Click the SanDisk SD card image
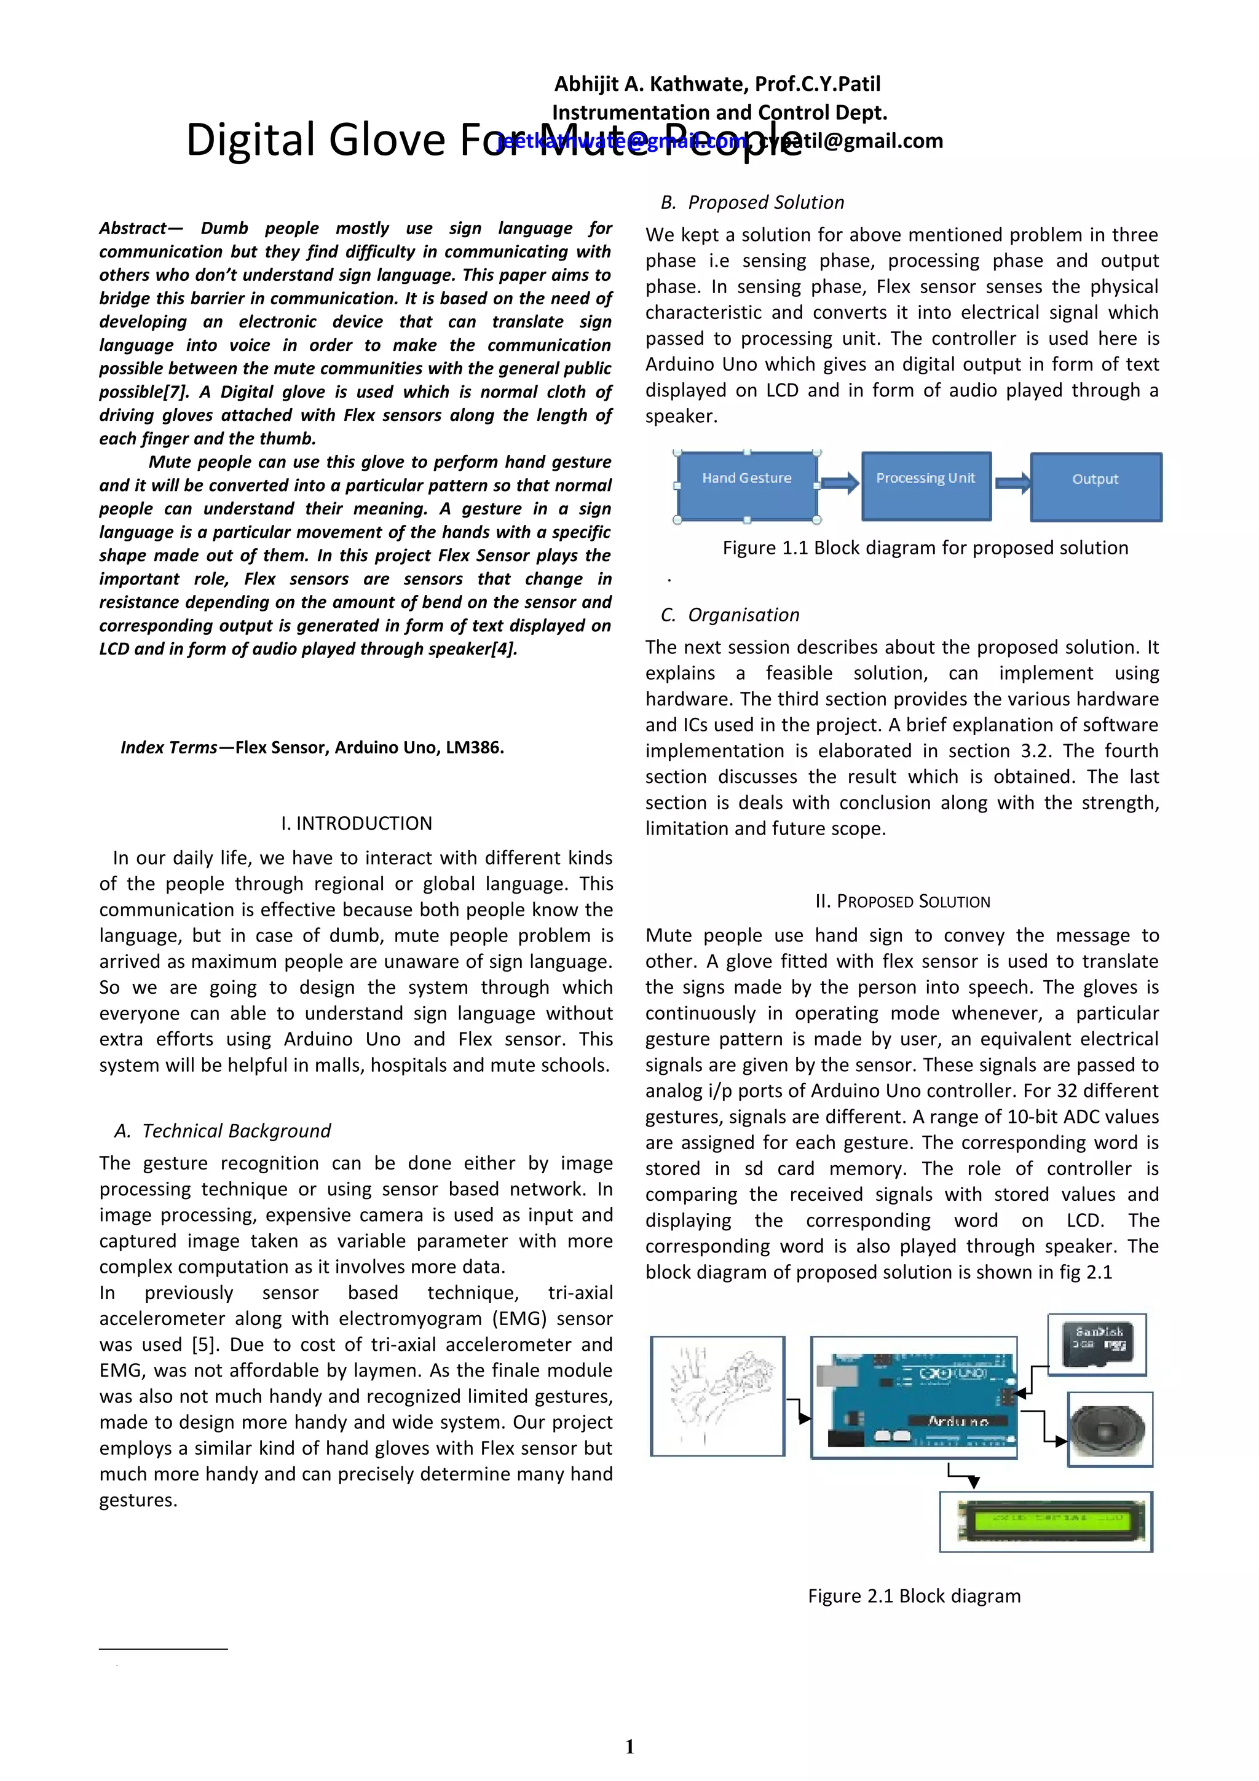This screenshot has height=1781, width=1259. pyautogui.click(x=1097, y=1344)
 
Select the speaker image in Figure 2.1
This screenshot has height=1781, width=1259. pyautogui.click(x=1109, y=1429)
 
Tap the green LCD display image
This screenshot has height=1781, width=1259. pyautogui.click(x=1046, y=1521)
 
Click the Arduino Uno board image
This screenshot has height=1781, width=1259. pyautogui.click(x=914, y=1398)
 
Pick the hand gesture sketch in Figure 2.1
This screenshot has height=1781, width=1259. pyautogui.click(x=717, y=1396)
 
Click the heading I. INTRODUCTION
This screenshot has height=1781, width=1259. pyautogui.click(x=356, y=823)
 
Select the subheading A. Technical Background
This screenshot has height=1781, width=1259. pyautogui.click(x=223, y=1131)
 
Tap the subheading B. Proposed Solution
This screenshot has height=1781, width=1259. pyautogui.click(x=752, y=202)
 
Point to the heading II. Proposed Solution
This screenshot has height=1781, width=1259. pyautogui.click(x=902, y=902)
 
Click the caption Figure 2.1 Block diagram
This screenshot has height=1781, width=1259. pyautogui.click(x=914, y=1595)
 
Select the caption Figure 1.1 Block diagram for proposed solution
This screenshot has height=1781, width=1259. pyautogui.click(x=925, y=548)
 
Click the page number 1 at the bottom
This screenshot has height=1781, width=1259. pyautogui.click(x=629, y=1746)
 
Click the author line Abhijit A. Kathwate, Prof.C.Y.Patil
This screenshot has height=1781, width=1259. pyautogui.click(x=717, y=84)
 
